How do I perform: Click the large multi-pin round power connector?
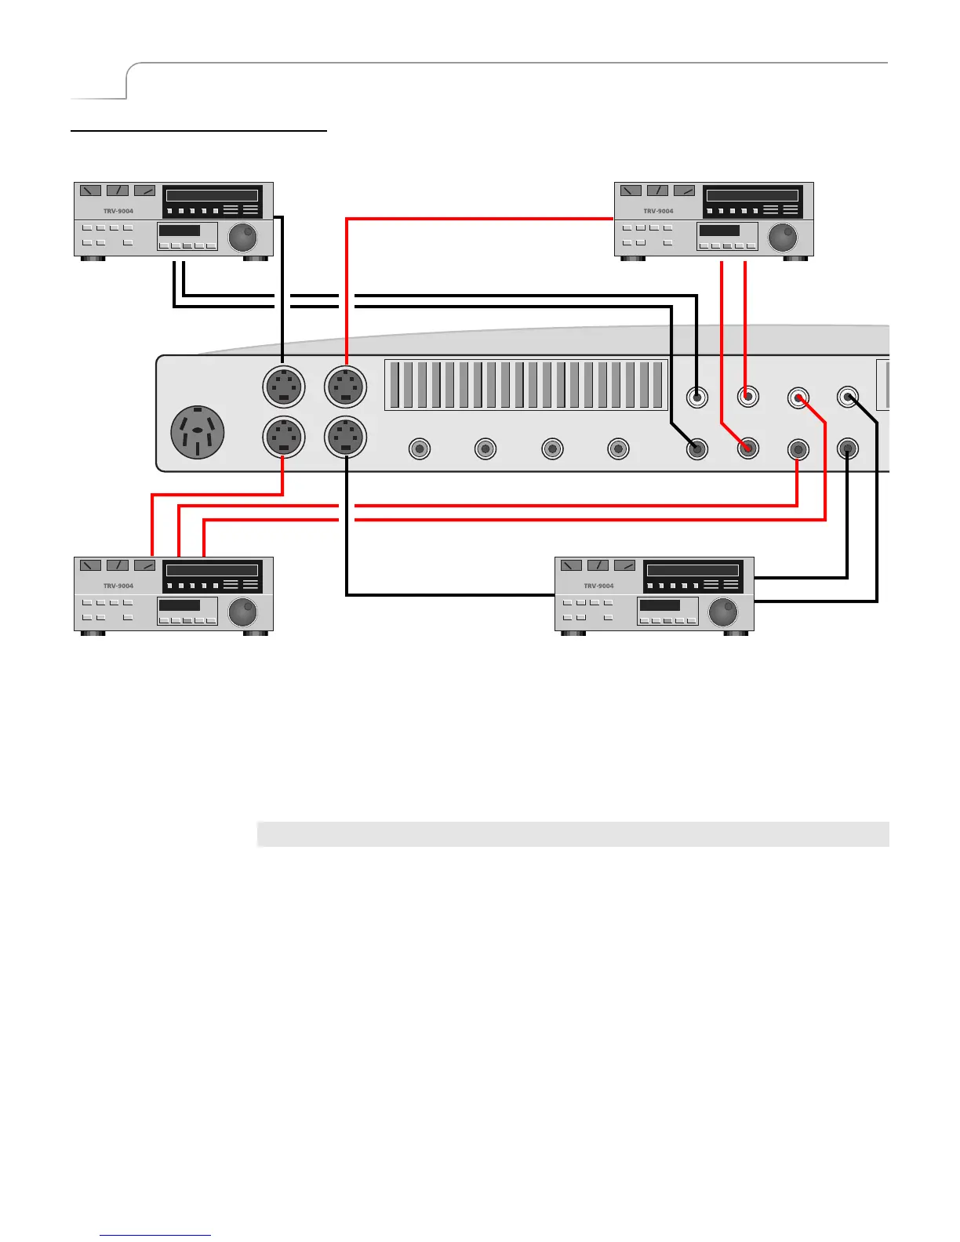(198, 432)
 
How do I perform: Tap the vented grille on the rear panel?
(525, 385)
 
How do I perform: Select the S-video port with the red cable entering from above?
(346, 387)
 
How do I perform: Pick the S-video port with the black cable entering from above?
(283, 387)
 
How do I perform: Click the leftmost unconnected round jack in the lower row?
(420, 449)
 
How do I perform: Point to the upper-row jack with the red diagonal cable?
(798, 398)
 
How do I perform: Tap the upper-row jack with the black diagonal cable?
(848, 397)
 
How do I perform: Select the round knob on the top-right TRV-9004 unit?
(782, 237)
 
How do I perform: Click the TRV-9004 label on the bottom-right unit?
(598, 586)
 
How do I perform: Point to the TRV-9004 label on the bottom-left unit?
(118, 586)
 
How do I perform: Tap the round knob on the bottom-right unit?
(722, 612)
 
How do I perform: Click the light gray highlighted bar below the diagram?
(573, 834)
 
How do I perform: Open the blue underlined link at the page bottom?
(155, 1235)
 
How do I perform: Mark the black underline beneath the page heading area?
(198, 131)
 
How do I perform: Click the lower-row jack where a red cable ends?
(748, 449)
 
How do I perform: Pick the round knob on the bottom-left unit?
(242, 612)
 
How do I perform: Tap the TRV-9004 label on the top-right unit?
(658, 211)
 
